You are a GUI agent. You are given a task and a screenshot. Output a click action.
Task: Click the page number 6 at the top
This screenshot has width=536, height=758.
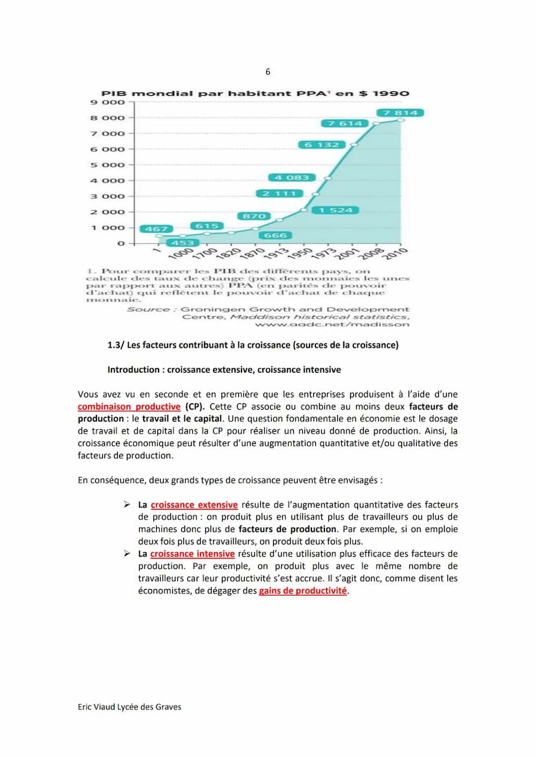[x=268, y=72]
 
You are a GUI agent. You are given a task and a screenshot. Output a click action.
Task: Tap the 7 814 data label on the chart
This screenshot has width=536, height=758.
[x=400, y=113]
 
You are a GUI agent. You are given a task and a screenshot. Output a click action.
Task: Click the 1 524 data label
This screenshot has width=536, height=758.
[x=336, y=210]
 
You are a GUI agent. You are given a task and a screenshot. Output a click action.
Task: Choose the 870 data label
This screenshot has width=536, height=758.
[x=254, y=216]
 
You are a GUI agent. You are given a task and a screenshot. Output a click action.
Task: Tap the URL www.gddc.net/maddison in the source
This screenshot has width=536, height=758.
[x=337, y=324]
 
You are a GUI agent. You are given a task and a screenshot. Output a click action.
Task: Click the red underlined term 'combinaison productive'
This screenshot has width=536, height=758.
[x=129, y=407]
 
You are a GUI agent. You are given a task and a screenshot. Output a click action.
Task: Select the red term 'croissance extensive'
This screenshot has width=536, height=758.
[x=194, y=505]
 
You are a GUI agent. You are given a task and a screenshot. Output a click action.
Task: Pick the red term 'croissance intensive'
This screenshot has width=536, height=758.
[x=192, y=553]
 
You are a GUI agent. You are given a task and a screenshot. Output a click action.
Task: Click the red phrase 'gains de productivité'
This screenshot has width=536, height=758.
[x=303, y=590]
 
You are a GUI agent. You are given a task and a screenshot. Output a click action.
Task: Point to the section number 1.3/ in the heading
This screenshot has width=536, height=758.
[x=116, y=345]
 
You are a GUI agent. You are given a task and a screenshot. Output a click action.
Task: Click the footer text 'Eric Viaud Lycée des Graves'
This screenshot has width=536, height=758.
[x=129, y=707]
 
